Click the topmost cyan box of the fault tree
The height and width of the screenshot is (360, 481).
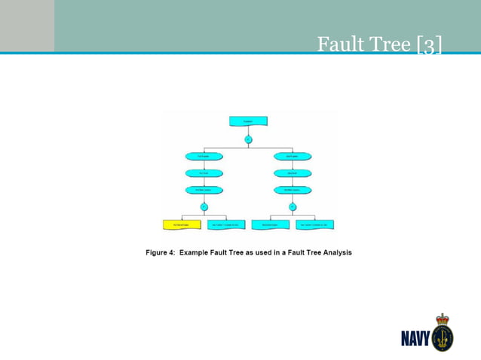248,121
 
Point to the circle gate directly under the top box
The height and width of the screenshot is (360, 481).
248,139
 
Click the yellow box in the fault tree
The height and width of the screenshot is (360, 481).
182,224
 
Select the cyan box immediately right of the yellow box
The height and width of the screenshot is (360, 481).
225,224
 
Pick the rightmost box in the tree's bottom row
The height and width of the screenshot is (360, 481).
314,224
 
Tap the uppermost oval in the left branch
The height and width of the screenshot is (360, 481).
204,157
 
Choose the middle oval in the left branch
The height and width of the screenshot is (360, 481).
204,173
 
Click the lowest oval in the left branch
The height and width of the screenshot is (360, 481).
204,190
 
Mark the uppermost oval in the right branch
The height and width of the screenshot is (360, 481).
293,157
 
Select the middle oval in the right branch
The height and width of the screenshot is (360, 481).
293,173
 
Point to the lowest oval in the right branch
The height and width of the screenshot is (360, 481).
293,190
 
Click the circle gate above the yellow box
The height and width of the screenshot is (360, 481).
204,207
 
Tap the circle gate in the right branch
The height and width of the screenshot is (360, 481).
293,207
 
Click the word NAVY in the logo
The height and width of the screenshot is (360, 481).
415,335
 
